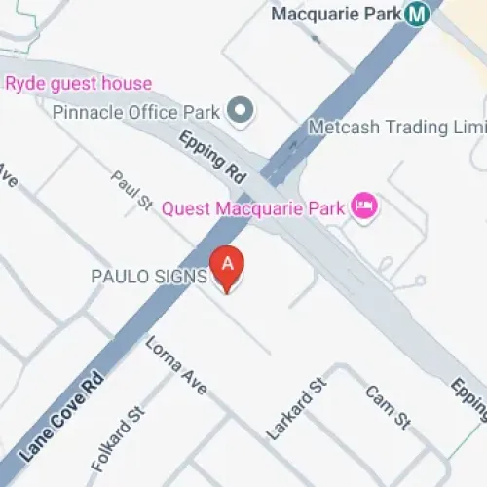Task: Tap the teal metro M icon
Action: point(419,15)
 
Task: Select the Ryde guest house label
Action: point(79,84)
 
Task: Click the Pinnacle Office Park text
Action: point(135,112)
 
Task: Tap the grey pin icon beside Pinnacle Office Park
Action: point(239,110)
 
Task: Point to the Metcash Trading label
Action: point(395,128)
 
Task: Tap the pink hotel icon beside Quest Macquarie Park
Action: point(364,206)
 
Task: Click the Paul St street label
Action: point(131,192)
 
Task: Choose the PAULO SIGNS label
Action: point(148,277)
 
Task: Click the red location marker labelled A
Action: point(228,270)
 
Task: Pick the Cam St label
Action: point(387,408)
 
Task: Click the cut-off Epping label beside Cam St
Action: point(468,400)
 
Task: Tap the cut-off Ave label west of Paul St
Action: point(8,181)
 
